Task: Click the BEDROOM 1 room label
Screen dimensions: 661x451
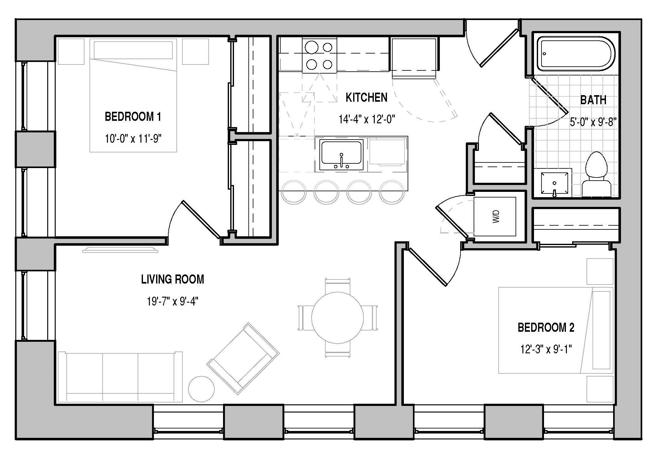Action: [133, 117]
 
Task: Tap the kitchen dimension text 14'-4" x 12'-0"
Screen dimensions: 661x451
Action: [367, 119]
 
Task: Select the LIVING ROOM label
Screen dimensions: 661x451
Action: [173, 279]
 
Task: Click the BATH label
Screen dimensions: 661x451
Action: [593, 100]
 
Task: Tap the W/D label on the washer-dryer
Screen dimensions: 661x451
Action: [496, 216]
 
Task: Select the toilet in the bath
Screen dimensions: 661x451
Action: [596, 175]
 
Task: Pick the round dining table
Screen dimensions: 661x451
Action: [338, 317]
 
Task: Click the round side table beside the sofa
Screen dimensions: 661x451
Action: [201, 389]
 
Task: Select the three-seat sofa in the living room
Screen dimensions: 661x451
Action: [120, 377]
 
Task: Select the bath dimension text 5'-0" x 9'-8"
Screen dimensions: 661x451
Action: [593, 122]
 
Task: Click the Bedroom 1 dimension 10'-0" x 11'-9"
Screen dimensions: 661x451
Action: [133, 138]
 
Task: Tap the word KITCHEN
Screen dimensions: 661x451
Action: [367, 97]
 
